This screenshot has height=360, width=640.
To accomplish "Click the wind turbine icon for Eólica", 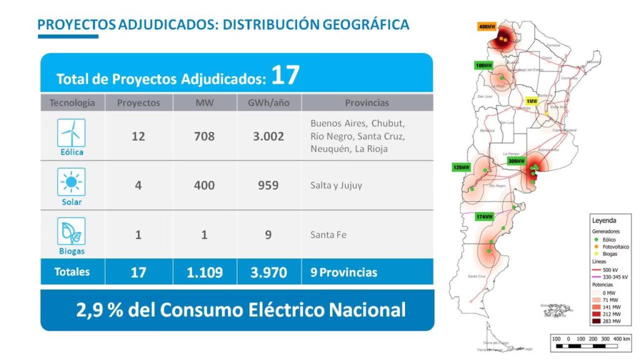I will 71,132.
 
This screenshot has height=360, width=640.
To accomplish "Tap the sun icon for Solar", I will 71,182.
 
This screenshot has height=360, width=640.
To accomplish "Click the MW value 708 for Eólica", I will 204,136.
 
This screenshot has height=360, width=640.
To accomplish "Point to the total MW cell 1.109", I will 204,272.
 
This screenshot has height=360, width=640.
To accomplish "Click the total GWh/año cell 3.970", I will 269,272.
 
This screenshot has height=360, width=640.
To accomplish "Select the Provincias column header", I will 366,102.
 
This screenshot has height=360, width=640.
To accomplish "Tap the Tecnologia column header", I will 72,102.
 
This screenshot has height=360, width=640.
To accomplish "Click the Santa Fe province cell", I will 328,235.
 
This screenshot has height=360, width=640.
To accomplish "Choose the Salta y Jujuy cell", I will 336,186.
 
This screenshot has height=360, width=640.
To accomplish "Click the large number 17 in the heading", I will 286,75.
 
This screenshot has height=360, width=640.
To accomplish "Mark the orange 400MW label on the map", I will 487,27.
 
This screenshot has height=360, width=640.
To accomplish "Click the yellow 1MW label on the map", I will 532,101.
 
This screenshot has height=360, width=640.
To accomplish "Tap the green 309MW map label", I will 516,162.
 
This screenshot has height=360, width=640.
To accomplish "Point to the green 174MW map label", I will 484,217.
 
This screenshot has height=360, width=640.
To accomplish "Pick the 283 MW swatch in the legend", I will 598,321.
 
